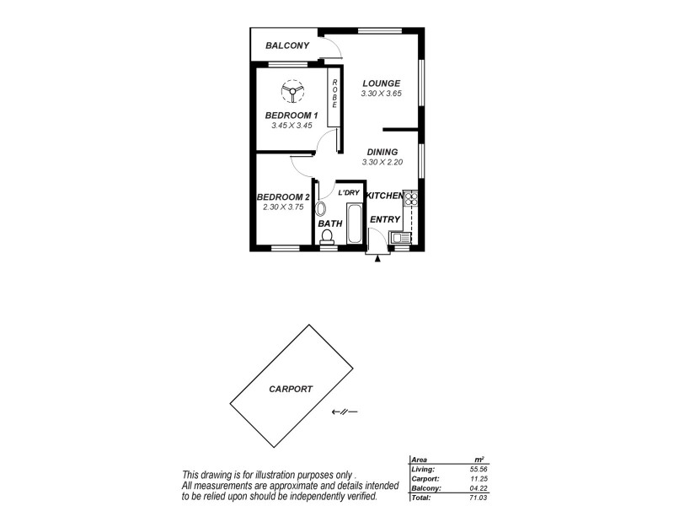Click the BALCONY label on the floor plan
point(288,46)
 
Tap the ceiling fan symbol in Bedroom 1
point(291,90)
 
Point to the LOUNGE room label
point(381,83)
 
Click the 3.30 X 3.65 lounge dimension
point(381,94)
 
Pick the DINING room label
point(382,152)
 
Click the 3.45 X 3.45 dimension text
point(291,126)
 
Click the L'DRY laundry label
point(349,193)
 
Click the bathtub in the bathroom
point(354,222)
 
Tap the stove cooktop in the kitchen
point(411,200)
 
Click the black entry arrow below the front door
point(377,258)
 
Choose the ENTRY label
point(384,220)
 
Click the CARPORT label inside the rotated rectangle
point(291,390)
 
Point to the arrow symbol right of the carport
point(345,412)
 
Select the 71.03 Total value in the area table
point(479,498)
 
